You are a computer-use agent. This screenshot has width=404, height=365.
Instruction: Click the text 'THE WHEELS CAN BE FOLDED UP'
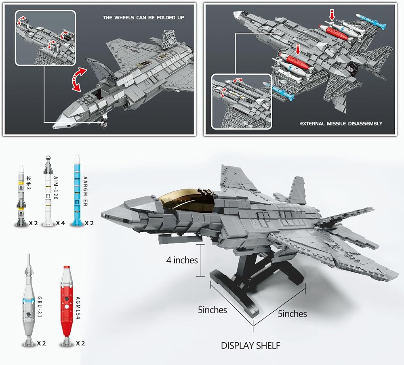pyautogui.click(x=144, y=17)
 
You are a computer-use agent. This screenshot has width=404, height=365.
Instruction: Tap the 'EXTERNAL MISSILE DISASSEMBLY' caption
pyautogui.click(x=341, y=124)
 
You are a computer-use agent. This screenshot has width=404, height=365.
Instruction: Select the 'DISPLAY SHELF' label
pyautogui.click(x=250, y=346)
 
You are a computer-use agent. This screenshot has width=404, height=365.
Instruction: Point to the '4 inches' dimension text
pyautogui.click(x=182, y=260)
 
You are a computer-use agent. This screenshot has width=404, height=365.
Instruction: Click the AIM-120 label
pyautogui.click(x=56, y=188)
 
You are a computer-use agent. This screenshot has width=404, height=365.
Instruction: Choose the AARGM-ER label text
pyautogui.click(x=85, y=191)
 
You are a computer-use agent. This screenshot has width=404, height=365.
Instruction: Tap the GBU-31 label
pyautogui.click(x=40, y=307)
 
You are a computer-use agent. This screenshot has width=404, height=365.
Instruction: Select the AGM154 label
pyautogui.click(x=78, y=308)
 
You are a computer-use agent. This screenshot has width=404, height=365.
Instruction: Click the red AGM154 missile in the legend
pyautogui.click(x=67, y=306)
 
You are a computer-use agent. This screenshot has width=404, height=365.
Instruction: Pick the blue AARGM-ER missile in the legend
pyautogui.click(x=76, y=190)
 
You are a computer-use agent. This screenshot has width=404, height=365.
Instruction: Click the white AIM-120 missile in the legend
pyautogui.click(x=48, y=191)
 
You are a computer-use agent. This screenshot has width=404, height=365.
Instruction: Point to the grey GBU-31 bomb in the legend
pyautogui.click(x=28, y=300)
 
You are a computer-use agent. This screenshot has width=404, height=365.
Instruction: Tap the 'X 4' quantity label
pyautogui.click(x=60, y=223)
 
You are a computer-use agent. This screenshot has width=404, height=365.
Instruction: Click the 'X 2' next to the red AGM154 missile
pyautogui.click(x=80, y=343)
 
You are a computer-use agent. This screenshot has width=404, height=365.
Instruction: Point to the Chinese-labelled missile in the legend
pyautogui.click(x=21, y=196)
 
